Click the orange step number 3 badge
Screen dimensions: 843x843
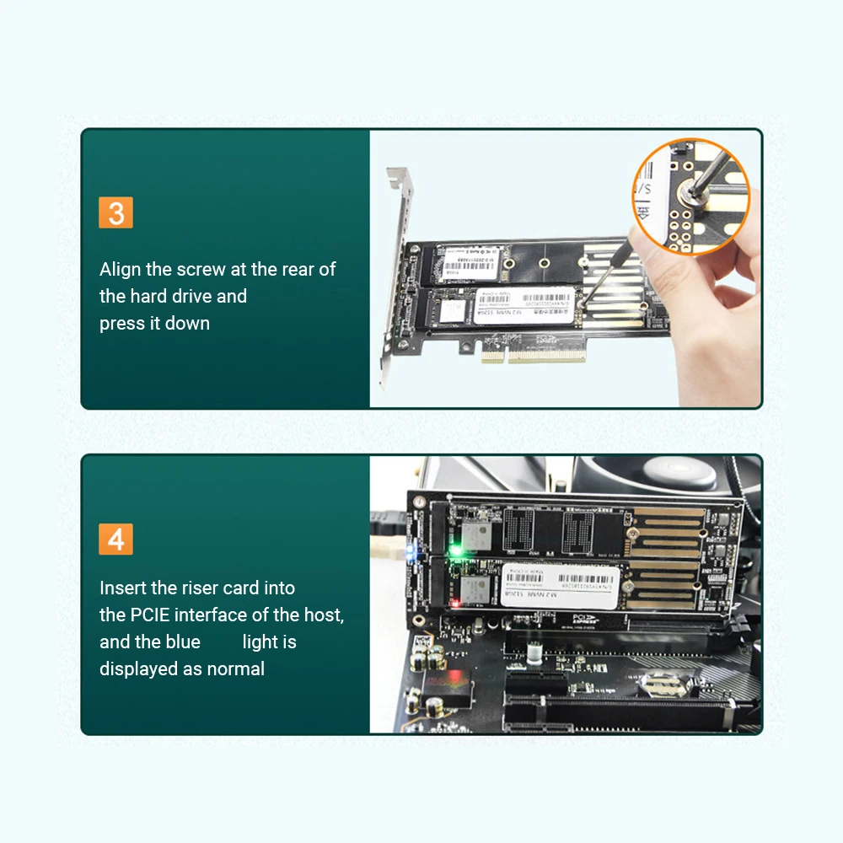(116, 212)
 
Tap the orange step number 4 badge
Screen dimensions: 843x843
(116, 539)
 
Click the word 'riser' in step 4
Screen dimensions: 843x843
(201, 588)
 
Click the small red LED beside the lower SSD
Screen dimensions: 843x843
(455, 602)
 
